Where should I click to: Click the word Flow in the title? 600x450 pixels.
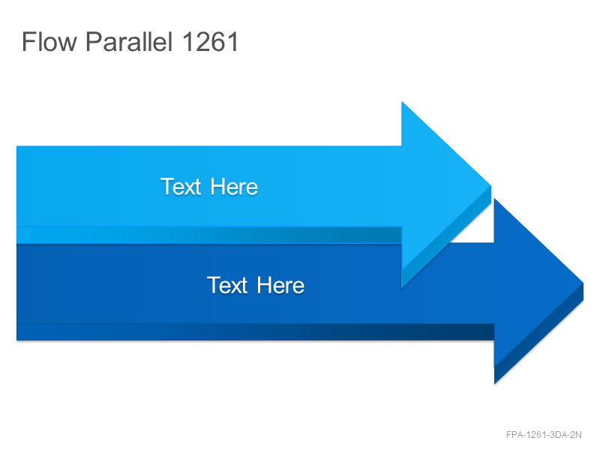tap(49, 41)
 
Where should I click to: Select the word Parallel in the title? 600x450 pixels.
tap(129, 41)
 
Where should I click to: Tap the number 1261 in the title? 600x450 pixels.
tap(210, 41)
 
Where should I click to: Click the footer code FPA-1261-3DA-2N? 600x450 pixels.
tap(544, 435)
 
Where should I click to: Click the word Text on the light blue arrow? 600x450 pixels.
tap(181, 187)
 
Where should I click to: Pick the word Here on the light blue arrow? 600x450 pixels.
tap(234, 187)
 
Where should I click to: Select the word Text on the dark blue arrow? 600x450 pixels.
tap(227, 286)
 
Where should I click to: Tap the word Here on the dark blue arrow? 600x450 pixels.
tap(280, 286)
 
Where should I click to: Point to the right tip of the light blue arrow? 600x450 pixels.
tap(491, 186)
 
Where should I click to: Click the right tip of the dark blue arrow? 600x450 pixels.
tap(583, 283)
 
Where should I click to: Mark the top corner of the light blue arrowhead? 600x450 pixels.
tap(402, 102)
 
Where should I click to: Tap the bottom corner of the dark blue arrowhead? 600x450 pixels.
tap(494, 383)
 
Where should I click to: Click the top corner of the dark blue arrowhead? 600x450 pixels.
tap(494, 199)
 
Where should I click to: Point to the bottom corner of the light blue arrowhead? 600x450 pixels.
tap(402, 287)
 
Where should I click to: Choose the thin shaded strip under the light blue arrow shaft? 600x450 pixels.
tap(209, 235)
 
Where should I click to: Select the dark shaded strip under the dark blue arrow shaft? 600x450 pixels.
tap(255, 331)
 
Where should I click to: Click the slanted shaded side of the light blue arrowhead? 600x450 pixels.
tap(446, 237)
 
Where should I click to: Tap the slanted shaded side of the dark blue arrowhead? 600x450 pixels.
tap(538, 334)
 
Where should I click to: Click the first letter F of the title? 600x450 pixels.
tap(28, 41)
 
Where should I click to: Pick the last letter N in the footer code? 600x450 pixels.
tap(578, 435)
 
